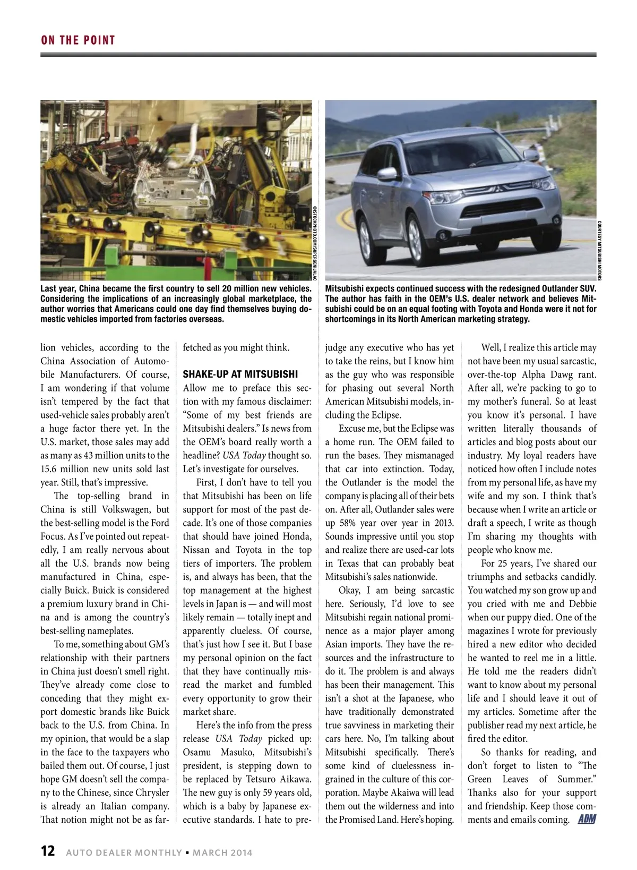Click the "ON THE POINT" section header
tap(78, 40)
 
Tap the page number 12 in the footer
tap(48, 851)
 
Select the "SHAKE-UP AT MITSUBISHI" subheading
tap(240, 374)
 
